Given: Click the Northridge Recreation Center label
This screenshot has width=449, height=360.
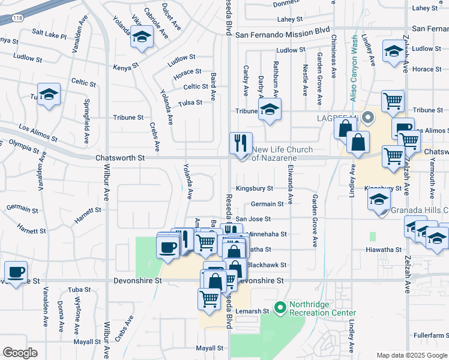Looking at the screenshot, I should click(322, 308).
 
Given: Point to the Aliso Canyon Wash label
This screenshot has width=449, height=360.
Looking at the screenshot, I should click(355, 67).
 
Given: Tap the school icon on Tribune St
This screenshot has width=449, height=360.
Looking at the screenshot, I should click(270, 110).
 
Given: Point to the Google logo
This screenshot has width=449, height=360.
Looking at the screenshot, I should click(20, 353).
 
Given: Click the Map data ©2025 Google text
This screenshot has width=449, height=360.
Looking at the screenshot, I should click(411, 355).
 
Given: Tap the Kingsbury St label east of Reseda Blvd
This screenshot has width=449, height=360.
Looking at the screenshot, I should click(254, 188).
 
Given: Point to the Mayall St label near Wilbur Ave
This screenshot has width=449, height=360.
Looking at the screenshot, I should click(86, 341).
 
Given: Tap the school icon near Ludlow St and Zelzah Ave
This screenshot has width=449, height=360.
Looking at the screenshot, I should click(394, 51).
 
